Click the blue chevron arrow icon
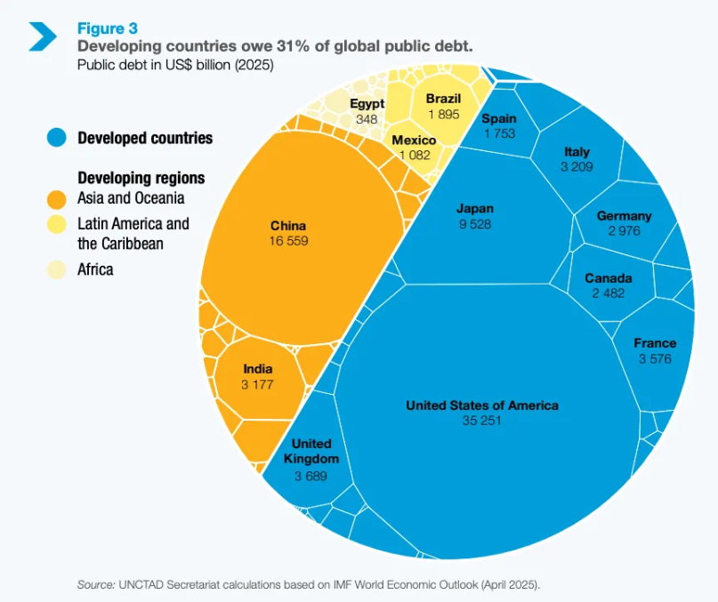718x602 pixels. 42,36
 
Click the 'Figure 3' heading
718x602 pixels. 108,28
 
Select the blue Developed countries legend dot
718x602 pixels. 57,138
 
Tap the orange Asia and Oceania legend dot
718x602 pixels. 57,198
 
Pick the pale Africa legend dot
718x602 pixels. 57,269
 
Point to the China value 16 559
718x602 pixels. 289,241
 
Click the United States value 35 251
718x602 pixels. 482,421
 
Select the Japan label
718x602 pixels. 475,209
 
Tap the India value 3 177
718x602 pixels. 257,385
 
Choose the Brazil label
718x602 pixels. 443,99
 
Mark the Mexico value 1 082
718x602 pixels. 415,156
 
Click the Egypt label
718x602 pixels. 367,104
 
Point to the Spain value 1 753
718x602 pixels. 499,133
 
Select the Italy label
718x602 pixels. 577,151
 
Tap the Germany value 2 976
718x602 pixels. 624,231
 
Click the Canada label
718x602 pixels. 609,278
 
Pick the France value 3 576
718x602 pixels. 655,358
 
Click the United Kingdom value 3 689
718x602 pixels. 311,476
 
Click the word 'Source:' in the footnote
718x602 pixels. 95,584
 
